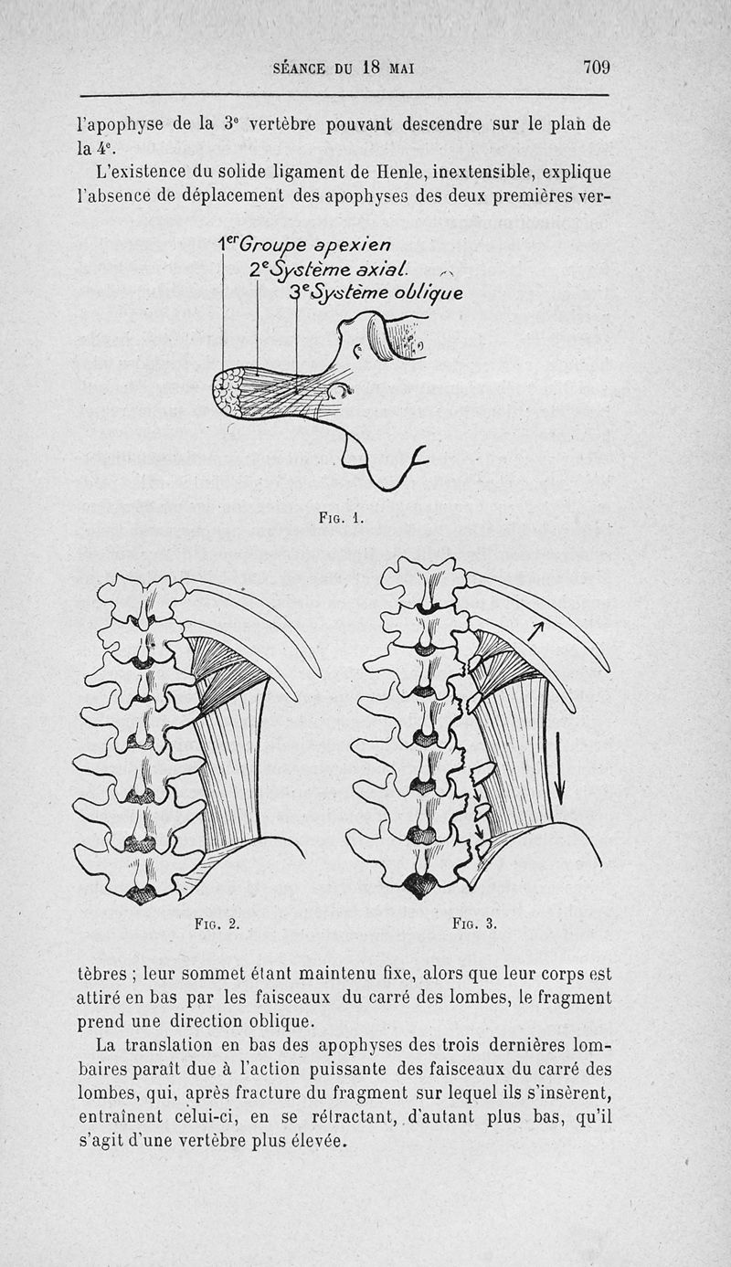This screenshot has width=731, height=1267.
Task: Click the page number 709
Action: pos(597,68)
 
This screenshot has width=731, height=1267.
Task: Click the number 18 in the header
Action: pos(371,68)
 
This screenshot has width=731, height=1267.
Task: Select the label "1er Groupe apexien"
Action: pos(305,246)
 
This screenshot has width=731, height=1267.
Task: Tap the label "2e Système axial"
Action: pos(328,269)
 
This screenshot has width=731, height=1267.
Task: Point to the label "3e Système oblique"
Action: pos(376,292)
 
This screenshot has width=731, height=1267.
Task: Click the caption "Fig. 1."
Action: pos(340,517)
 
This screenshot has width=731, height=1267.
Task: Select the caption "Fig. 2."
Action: pos(217,924)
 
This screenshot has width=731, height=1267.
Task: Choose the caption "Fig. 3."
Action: pos(475,924)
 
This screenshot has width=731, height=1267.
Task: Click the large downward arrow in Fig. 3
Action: pos(559,767)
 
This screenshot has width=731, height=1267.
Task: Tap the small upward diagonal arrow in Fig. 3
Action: pos(535,630)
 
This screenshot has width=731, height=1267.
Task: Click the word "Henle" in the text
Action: pos(398,172)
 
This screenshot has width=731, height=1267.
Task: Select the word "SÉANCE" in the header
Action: pos(299,69)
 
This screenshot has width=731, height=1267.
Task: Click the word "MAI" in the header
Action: pos(401,69)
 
